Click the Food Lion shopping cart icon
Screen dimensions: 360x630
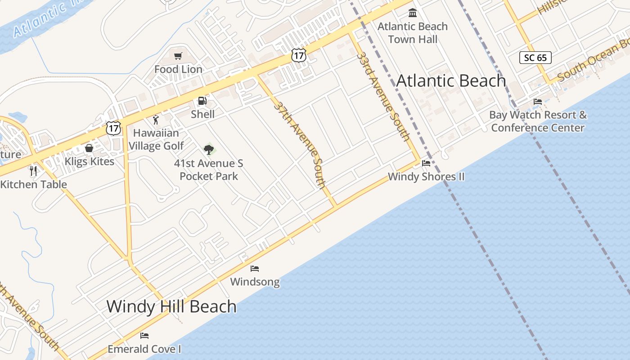pos(178,56)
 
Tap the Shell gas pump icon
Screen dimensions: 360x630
pos(202,101)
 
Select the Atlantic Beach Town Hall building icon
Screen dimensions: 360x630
pos(413,13)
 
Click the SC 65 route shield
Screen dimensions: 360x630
pos(535,58)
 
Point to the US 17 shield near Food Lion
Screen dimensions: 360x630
pos(298,55)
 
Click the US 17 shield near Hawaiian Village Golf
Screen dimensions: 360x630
pos(113,127)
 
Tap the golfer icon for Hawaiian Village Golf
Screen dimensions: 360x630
pos(156,120)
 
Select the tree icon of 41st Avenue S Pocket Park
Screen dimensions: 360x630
pos(208,149)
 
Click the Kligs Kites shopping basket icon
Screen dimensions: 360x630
pos(89,148)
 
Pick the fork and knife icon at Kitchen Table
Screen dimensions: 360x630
pos(33,171)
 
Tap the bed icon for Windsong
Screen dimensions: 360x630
pos(255,269)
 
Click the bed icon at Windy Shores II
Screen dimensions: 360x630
pos(426,163)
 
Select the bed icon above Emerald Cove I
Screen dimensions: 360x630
pos(144,336)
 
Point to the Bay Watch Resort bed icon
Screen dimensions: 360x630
pos(538,102)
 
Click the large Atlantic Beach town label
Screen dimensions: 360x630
pos(451,81)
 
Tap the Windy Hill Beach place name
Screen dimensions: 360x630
pos(171,306)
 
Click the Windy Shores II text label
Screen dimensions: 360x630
pos(426,177)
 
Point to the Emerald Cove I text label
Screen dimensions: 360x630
pos(144,349)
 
